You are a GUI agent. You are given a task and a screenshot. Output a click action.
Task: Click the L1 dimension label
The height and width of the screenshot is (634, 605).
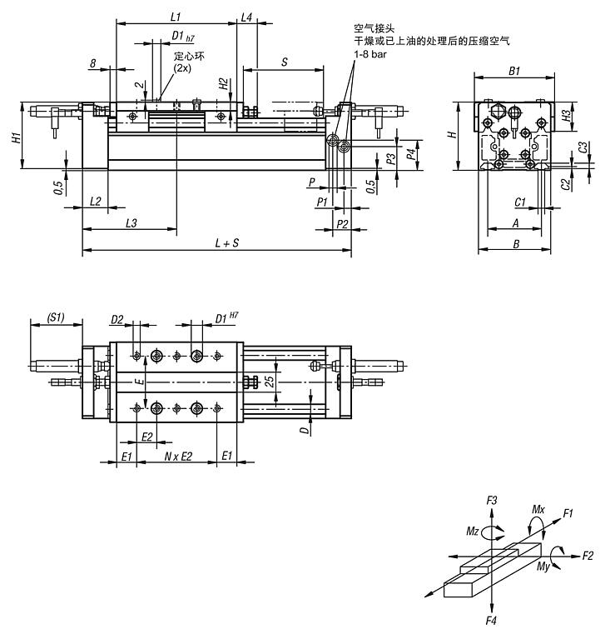point(176,17)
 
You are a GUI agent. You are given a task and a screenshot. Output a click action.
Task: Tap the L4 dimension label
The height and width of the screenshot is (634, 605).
point(246,17)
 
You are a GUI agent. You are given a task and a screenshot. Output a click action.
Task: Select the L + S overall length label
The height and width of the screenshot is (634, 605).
point(227,243)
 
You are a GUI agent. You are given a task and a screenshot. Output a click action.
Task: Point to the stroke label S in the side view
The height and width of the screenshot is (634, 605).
point(285,62)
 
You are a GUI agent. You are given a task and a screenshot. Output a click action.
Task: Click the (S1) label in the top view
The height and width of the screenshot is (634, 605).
point(56,317)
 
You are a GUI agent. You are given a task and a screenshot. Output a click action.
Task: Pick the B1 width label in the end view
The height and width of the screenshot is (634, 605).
point(514,71)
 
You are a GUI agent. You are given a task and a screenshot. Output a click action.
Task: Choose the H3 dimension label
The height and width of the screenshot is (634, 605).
point(567,116)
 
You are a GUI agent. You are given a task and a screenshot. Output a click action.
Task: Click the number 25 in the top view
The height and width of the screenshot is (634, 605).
point(270,381)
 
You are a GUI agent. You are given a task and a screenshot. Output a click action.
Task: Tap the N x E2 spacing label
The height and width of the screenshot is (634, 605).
point(178,457)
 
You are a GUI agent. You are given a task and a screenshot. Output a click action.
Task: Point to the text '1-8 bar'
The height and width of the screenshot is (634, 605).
point(370,54)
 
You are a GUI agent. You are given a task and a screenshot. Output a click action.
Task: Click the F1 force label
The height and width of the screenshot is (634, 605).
point(568,513)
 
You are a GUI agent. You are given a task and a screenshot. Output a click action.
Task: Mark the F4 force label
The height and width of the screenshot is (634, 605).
point(491,621)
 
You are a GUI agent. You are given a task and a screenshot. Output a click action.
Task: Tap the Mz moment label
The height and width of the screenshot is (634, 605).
point(473,531)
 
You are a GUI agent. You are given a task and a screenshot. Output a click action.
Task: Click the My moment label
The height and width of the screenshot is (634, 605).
point(543,567)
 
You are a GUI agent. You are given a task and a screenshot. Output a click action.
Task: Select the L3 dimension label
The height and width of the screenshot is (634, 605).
point(131,223)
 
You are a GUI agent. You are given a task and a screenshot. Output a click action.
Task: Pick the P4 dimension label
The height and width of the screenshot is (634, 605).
point(411,154)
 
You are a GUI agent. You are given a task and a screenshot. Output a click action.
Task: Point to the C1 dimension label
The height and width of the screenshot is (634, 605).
point(520,202)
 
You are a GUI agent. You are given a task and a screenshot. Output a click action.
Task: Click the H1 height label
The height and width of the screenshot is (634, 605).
point(16,137)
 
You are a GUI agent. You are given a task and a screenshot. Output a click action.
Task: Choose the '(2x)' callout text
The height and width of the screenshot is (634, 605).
point(182,68)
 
